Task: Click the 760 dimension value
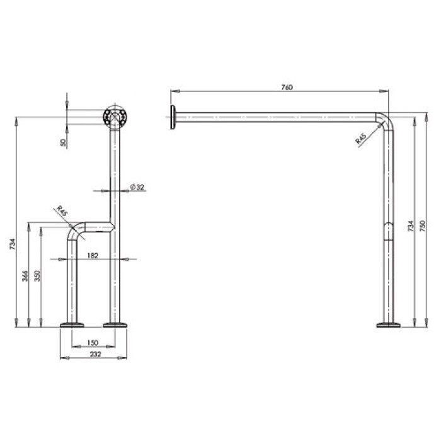pyautogui.click(x=287, y=87)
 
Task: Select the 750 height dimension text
pyautogui.click(x=423, y=226)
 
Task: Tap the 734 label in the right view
pyautogui.click(x=411, y=226)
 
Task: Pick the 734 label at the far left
pyautogui.click(x=13, y=244)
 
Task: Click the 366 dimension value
pyautogui.click(x=25, y=276)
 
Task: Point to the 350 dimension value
pyautogui.click(x=37, y=276)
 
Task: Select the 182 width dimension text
pyautogui.click(x=93, y=255)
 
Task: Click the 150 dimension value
pyautogui.click(x=93, y=343)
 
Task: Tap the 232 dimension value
pyautogui.click(x=95, y=354)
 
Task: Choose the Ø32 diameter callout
pyautogui.click(x=137, y=186)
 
